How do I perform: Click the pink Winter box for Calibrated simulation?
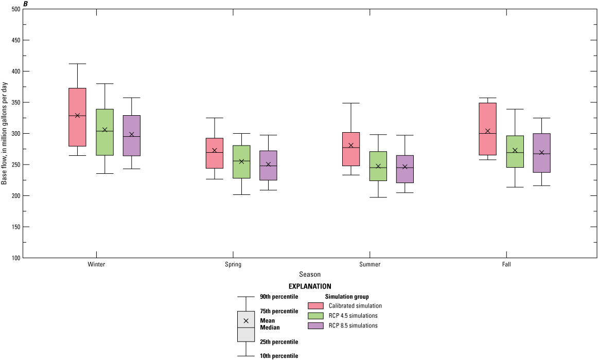point(77,129)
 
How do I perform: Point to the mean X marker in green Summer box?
point(378,166)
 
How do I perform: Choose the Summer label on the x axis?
point(370,265)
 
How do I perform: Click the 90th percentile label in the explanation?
point(279,297)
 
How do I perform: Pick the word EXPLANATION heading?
point(310,286)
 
